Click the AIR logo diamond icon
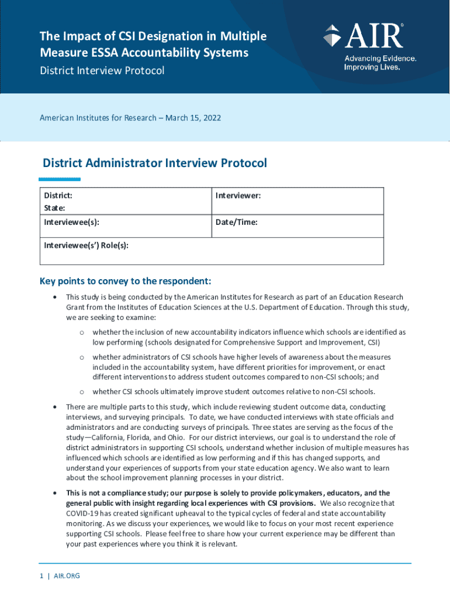coord(331,36)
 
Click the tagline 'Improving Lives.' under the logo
coord(372,67)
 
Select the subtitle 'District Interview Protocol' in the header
coord(102,71)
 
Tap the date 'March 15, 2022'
coord(193,117)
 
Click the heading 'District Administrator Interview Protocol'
coord(155,163)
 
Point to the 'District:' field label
coord(58,196)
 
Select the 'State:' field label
coord(54,208)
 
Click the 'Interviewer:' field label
coord(238,196)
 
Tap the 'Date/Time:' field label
coord(236,222)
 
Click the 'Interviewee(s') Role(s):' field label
coord(86,245)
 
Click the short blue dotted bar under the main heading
coord(61,179)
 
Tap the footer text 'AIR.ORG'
coord(67,576)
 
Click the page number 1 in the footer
coord(41,576)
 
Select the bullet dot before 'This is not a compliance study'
coord(54,493)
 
